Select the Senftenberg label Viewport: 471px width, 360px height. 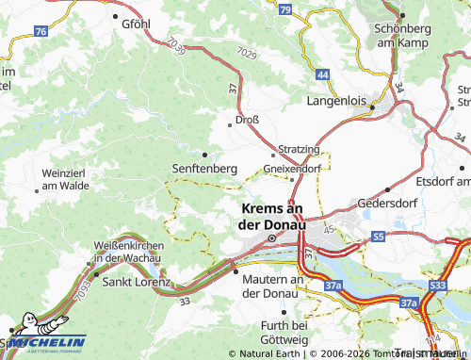coord(203,167)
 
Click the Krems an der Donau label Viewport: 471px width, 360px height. coord(273,217)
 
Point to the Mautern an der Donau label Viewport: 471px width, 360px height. coord(272,286)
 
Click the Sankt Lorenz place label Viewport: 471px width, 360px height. coord(136,281)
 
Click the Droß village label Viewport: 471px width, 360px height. coord(248,120)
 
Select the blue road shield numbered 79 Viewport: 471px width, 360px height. coord(285,9)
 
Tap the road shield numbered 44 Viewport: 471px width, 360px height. coord(323,74)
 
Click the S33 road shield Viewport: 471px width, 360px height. coord(438,284)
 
